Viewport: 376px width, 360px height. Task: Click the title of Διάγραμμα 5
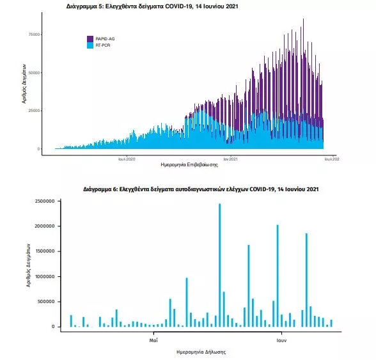pos(152,6)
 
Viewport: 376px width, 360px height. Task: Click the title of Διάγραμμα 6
pos(201,189)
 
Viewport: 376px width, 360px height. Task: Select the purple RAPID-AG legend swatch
pos(90,39)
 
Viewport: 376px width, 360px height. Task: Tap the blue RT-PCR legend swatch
pos(90,45)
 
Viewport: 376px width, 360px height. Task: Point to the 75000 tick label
pos(34,35)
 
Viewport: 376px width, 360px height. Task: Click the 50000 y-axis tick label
pos(34,73)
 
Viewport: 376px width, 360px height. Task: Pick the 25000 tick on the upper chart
pos(34,111)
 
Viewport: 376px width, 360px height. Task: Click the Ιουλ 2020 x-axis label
pos(127,159)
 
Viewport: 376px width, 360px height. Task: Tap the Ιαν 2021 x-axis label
pos(230,159)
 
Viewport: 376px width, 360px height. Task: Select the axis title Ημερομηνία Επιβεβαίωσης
pos(189,165)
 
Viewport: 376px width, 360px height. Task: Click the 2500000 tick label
pos(45,201)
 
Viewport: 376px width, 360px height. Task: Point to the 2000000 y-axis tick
pos(45,226)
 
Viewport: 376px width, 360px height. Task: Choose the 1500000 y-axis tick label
pos(45,251)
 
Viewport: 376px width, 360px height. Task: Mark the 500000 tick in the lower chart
pos(46,301)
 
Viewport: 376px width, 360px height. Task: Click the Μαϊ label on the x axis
pos(153,340)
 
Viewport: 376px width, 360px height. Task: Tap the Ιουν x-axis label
pos(281,340)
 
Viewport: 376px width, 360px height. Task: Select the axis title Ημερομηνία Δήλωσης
pos(201,352)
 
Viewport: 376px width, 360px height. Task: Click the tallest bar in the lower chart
pos(220,265)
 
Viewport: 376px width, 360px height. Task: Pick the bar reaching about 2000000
pos(278,276)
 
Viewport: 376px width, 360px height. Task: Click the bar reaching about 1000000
pos(187,302)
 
